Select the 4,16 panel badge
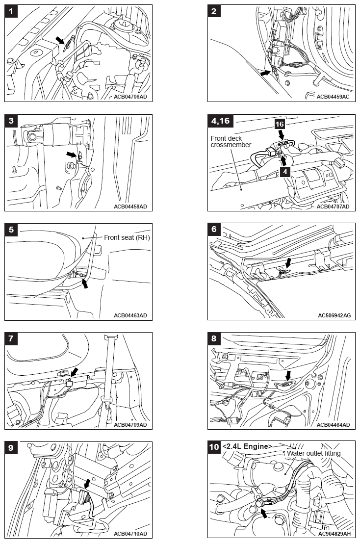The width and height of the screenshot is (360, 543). click(219, 121)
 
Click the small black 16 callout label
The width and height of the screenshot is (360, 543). click(279, 125)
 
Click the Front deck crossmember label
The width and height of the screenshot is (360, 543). click(231, 141)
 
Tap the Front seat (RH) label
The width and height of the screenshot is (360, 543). click(127, 237)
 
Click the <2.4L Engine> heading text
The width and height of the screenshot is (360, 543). click(247, 446)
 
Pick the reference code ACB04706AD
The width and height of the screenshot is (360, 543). click(130, 97)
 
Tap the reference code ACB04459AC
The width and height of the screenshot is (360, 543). click(333, 97)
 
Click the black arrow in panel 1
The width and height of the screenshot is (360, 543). click(60, 40)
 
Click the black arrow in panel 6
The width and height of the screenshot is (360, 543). click(288, 264)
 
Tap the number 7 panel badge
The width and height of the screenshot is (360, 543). click(11, 338)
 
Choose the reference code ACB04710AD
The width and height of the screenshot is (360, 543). click(130, 533)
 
